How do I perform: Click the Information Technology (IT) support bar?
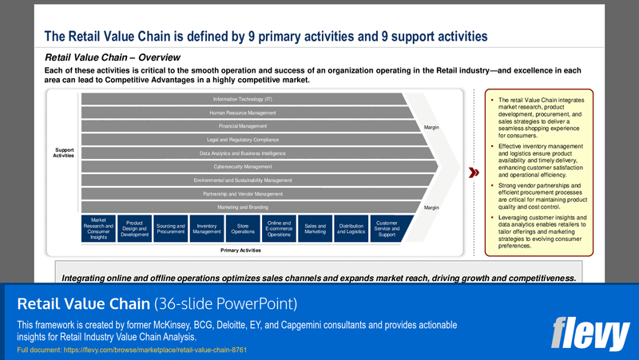[x=242, y=99]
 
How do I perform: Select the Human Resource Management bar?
[x=242, y=113]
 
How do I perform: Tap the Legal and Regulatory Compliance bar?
[x=242, y=140]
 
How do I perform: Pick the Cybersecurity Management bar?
[x=242, y=167]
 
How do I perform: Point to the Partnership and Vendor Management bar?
[x=242, y=194]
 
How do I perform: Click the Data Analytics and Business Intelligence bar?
[x=242, y=153]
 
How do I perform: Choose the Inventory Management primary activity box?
[x=207, y=227]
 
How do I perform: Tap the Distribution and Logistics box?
[x=351, y=227]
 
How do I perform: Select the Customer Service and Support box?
[x=387, y=227]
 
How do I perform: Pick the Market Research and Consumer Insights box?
[x=98, y=227]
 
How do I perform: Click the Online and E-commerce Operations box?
[x=279, y=227]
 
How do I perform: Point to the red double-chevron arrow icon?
[x=473, y=172]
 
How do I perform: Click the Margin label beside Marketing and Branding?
[x=431, y=208]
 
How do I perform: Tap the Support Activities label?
[x=64, y=152]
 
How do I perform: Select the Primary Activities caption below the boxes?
[x=240, y=250]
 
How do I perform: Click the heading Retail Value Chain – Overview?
[x=113, y=57]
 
